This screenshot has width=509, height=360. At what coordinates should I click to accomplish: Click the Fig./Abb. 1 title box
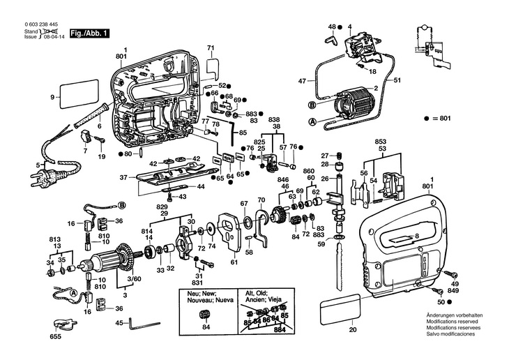pos(90,33)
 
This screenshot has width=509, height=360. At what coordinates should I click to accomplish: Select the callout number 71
pos(211,47)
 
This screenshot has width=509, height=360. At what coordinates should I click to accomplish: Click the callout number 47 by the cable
pos(303,82)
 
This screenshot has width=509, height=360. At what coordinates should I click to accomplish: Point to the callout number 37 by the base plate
pos(123,177)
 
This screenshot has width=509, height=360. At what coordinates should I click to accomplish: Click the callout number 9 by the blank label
pos(52,97)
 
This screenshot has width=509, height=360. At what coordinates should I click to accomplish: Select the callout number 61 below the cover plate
pos(234,262)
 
